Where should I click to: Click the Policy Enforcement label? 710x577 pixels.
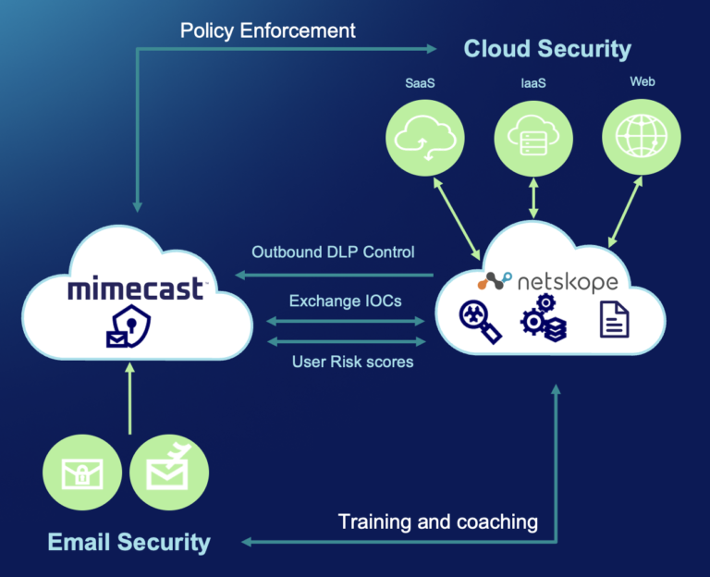pos(267,31)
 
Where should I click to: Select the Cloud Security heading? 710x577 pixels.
pos(547,48)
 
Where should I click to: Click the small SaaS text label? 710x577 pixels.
pos(420,83)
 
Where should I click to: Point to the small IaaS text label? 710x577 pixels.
pos(534,83)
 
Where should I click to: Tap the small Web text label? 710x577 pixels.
pos(643,81)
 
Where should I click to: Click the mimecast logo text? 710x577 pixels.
pos(135,290)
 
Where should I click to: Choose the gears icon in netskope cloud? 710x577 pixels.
pos(544,317)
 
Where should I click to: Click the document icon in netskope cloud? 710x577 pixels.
pos(615,320)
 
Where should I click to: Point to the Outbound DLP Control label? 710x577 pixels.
pos(333,252)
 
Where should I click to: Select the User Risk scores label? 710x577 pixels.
pos(352,362)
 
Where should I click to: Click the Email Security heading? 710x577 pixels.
pos(129,542)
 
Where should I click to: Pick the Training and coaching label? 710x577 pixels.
pos(438,522)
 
